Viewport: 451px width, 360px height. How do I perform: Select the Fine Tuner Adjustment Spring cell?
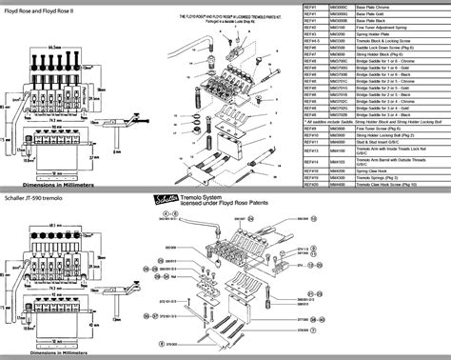click(390, 28)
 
